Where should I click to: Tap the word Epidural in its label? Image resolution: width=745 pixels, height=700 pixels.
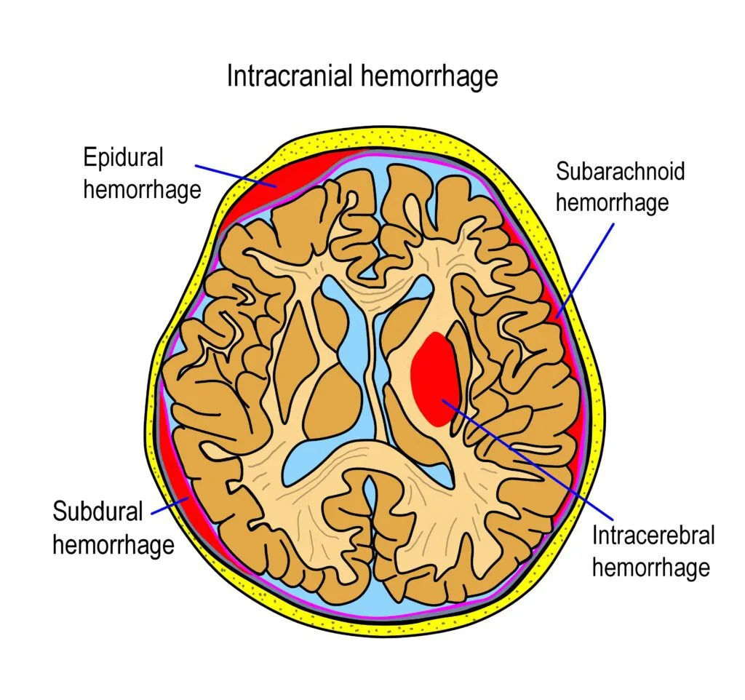pyautogui.click(x=123, y=157)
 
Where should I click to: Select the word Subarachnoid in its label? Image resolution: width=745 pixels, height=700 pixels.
pyautogui.click(x=620, y=171)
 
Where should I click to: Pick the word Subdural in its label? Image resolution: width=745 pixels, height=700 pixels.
pyautogui.click(x=97, y=511)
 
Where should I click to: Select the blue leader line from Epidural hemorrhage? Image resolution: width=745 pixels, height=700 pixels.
pyautogui.click(x=233, y=173)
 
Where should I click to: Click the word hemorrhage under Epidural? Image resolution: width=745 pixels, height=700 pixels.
pyautogui.click(x=141, y=189)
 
